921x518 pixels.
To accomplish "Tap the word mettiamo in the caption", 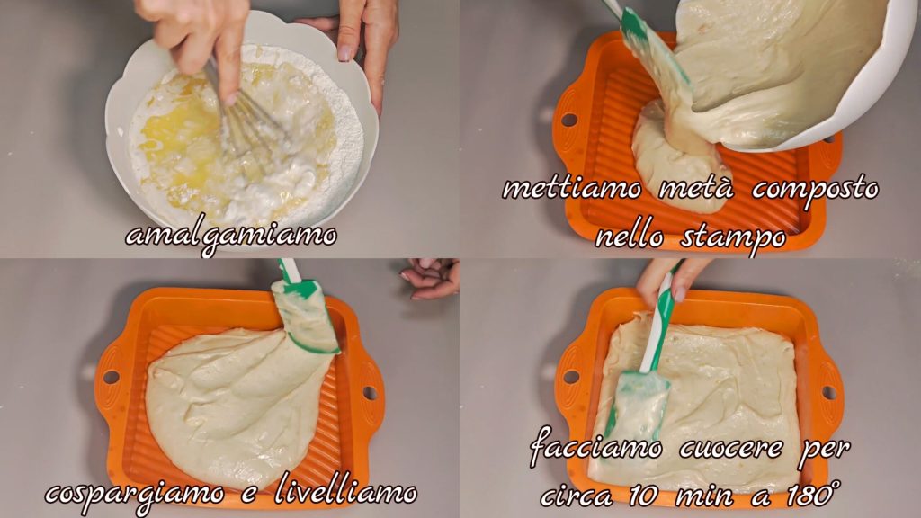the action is click(x=572, y=189).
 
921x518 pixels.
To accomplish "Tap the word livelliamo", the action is click(x=345, y=492).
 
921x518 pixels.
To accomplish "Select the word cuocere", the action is click(x=731, y=450).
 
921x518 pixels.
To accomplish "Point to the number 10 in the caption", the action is click(x=646, y=496).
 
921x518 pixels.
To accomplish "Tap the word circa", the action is click(x=577, y=496).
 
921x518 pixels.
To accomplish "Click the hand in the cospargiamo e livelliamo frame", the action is click(x=430, y=279).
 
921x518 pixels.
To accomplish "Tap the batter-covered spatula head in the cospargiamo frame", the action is click(x=305, y=317).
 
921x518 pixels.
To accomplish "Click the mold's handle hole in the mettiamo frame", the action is click(x=568, y=121).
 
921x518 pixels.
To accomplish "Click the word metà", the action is click(x=697, y=189).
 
